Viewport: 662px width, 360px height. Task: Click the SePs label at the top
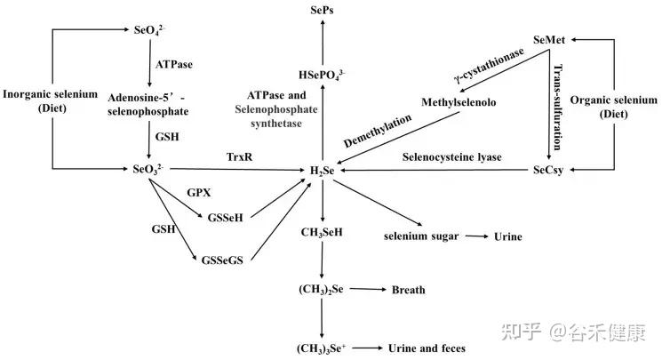pos(322,10)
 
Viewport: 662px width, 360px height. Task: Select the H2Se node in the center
pos(323,171)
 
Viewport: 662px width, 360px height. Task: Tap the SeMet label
pos(549,40)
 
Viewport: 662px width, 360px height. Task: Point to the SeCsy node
pos(548,170)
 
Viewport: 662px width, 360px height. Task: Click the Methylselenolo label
pos(459,102)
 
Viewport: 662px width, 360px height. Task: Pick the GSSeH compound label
pos(226,218)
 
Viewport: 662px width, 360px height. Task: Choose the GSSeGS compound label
pos(222,260)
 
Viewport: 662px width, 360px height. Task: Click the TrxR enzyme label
pos(239,156)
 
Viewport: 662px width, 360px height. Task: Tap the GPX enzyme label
pos(198,193)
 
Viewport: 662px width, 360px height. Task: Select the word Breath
pos(408,290)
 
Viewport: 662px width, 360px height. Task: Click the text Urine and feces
pos(427,348)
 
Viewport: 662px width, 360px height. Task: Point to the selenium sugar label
pos(421,236)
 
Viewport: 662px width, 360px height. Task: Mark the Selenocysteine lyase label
pos(451,157)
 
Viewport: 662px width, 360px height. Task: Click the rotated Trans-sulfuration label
pos(558,107)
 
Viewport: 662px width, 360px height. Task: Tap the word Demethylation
pos(378,131)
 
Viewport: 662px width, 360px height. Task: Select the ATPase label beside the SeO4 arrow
pos(173,64)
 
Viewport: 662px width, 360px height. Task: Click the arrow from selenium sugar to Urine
pos(476,236)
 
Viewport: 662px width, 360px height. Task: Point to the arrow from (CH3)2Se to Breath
pos(368,290)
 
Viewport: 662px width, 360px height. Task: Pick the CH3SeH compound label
pos(322,232)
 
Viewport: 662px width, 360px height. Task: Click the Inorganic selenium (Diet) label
pos(51,100)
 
